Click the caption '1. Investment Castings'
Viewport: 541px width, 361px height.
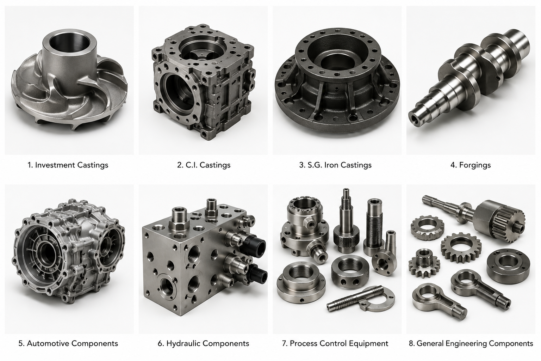tap(68, 165)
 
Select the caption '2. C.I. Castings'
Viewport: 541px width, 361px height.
tap(204, 165)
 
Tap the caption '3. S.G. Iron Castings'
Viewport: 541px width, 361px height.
tap(335, 165)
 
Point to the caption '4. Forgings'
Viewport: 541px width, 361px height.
tap(471, 165)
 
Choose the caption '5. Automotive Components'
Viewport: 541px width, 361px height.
tap(68, 343)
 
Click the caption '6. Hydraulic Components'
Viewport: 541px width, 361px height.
tap(204, 343)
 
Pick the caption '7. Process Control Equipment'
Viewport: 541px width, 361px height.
tap(335, 343)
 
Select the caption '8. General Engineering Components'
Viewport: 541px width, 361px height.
tap(471, 343)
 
